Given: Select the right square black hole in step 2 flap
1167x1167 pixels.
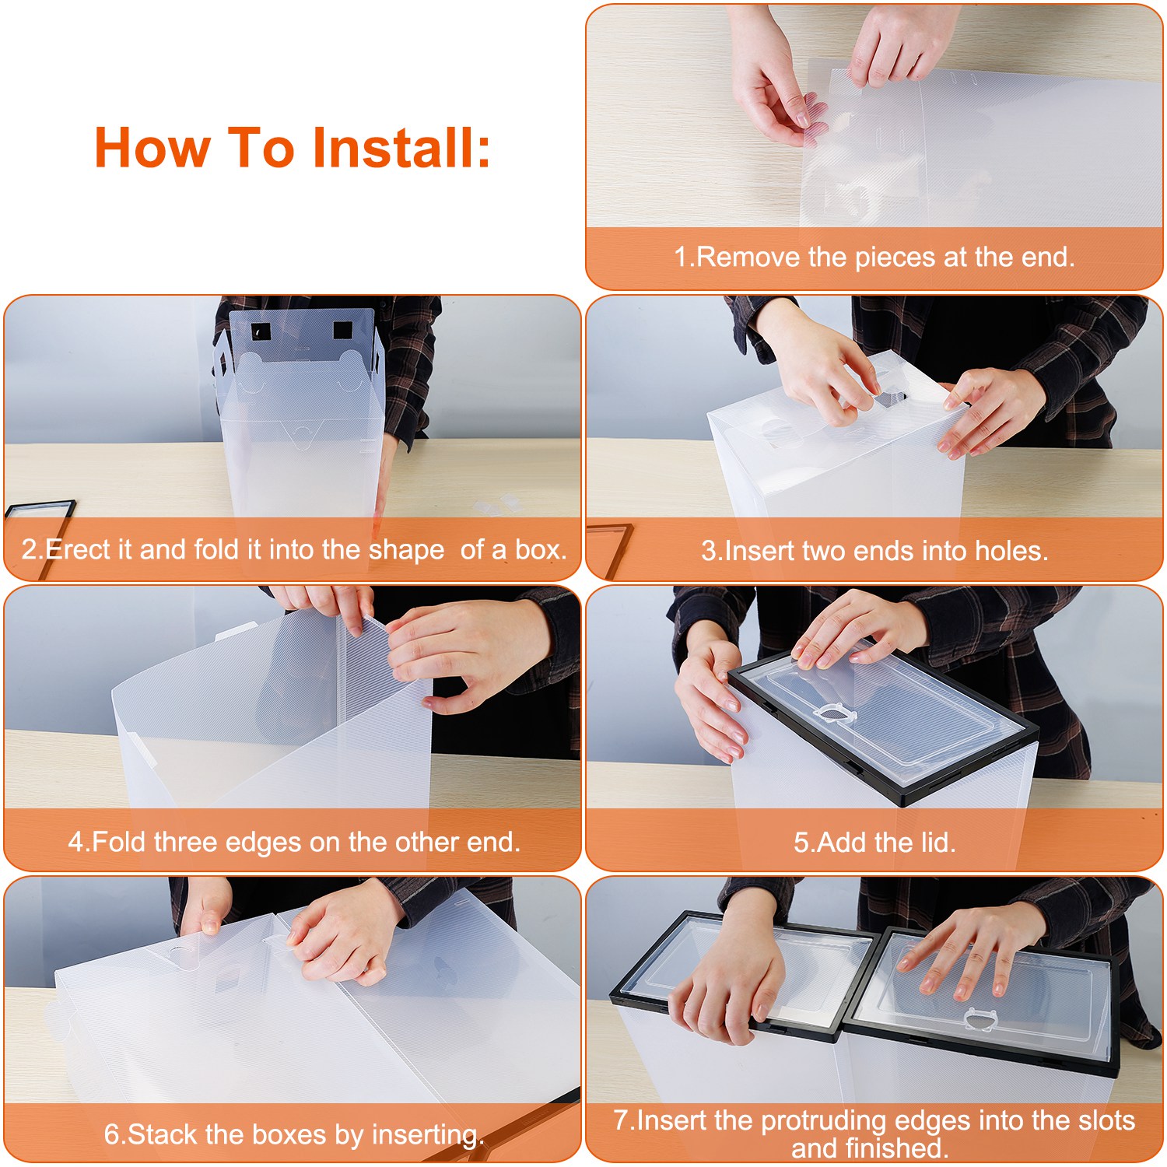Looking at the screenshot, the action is click(x=342, y=329).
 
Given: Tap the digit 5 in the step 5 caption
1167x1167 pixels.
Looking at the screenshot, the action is click(x=801, y=843).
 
